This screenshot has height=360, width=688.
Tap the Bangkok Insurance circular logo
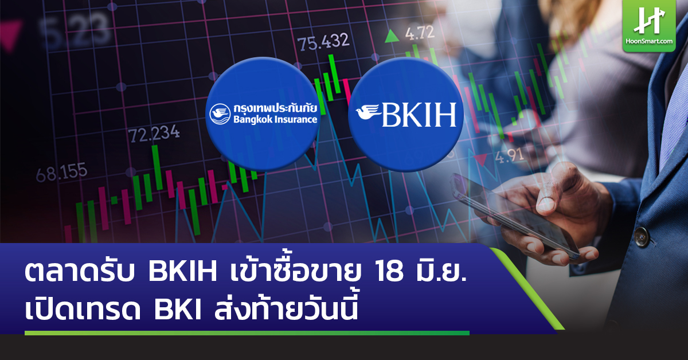(x=263, y=114)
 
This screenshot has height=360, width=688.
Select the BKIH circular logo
(x=405, y=114)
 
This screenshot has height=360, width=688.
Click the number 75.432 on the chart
(x=323, y=41)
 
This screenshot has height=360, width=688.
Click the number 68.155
(x=61, y=171)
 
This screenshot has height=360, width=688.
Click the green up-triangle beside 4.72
(x=392, y=36)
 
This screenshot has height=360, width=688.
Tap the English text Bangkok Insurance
(x=275, y=120)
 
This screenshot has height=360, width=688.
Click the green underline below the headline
(x=247, y=332)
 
